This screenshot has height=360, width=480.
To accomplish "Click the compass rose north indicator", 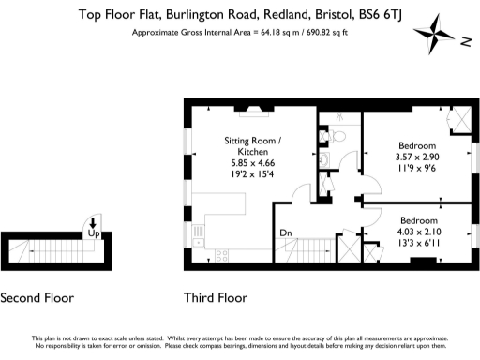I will (x=466, y=39).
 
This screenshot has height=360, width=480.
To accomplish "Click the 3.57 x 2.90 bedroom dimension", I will (x=416, y=157).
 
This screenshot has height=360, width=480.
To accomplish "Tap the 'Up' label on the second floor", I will (x=93, y=231).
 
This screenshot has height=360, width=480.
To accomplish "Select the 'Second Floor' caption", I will (x=37, y=298).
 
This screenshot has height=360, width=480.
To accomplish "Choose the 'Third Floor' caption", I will (x=216, y=298).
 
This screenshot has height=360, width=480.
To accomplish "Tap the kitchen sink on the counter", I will (x=196, y=233).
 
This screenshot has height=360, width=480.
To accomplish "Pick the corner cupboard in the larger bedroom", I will (x=462, y=119).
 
